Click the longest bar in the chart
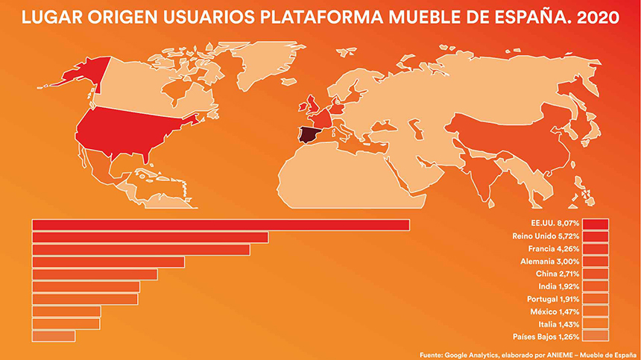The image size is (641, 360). [x=221, y=225]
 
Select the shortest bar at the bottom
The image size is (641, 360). [x=54, y=336]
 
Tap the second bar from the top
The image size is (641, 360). [x=150, y=237]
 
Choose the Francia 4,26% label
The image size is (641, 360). [x=552, y=249]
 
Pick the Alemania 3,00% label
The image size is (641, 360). [x=549, y=262]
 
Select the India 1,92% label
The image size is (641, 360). [x=558, y=285]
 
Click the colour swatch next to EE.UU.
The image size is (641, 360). [x=596, y=224]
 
